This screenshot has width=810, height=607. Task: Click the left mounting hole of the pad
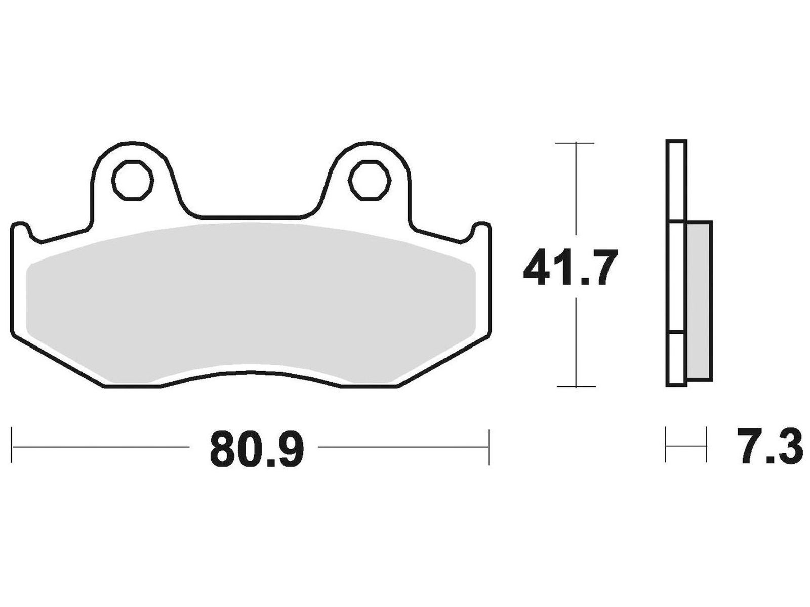pos(133,181)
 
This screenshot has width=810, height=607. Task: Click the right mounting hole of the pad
pos(370,181)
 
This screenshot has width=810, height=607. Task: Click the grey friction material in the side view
pos(699,301)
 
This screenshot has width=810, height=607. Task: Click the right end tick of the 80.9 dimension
pos(489,447)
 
